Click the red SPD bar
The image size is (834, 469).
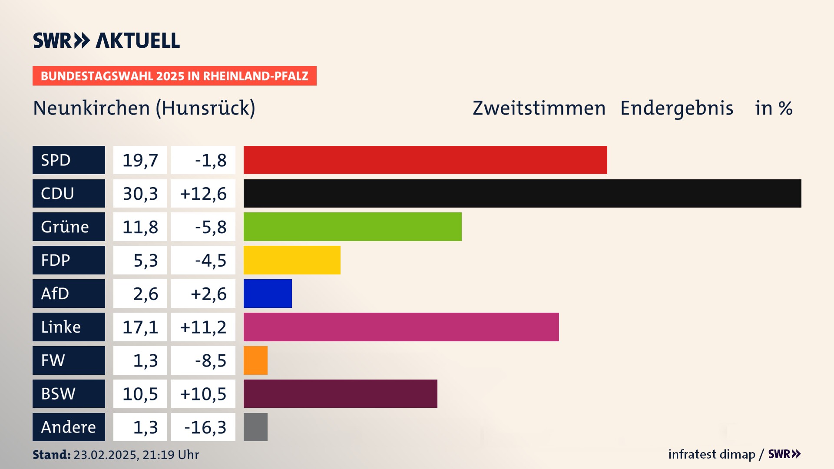tap(425, 160)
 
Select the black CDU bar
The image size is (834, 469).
tap(522, 193)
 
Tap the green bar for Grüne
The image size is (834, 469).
tap(352, 227)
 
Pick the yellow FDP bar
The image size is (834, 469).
tap(292, 260)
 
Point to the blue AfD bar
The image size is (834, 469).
tap(268, 294)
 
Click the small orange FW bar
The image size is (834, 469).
tap(255, 360)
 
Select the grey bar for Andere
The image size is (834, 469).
tap(255, 427)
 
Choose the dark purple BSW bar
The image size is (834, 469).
tap(340, 393)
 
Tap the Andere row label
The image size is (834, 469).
tap(69, 427)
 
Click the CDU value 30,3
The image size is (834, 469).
tap(140, 194)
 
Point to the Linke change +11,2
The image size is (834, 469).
tap(203, 327)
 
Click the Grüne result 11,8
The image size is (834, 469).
tap(140, 227)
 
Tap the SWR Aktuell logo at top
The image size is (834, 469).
tap(106, 40)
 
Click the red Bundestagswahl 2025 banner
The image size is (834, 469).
tap(174, 76)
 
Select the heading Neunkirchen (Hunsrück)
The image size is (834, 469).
tap(144, 108)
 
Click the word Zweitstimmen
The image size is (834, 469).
tap(539, 108)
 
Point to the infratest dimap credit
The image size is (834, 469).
tap(712, 454)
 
